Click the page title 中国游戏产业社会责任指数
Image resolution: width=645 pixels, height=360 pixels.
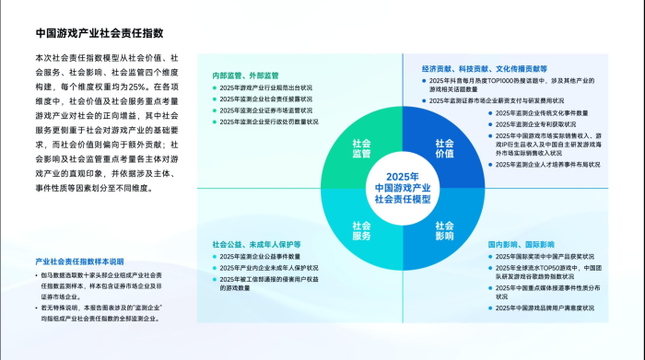pyautogui.click(x=100, y=33)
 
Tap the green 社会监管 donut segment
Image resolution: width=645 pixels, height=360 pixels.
pyautogui.click(x=361, y=148)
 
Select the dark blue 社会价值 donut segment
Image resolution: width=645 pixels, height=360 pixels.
pyautogui.click(x=444, y=148)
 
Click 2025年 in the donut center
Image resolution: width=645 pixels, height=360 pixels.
pyautogui.click(x=403, y=176)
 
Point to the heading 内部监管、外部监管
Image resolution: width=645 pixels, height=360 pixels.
pyautogui.click(x=245, y=74)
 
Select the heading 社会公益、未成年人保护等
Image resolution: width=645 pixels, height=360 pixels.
pyautogui.click(x=256, y=244)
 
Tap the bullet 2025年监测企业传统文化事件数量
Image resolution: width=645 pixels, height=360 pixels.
pyautogui.click(x=547, y=112)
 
